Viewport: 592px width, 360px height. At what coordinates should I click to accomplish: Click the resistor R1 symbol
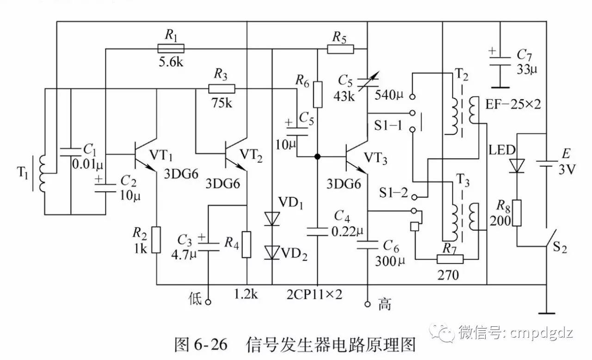click(171, 48)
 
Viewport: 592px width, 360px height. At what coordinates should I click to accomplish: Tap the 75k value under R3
click(222, 103)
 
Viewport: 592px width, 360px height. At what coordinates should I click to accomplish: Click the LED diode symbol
click(516, 165)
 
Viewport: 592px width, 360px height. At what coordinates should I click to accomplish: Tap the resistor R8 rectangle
click(516, 213)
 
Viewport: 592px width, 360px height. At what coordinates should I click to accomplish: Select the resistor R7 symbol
click(450, 259)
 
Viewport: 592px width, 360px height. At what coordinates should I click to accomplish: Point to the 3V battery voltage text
click(566, 169)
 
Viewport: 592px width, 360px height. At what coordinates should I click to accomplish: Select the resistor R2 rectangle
click(157, 240)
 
